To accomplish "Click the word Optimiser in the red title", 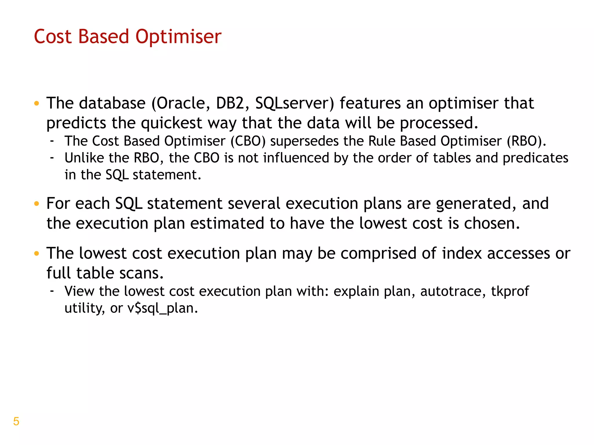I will point(178,37).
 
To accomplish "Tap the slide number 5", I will point(16,421).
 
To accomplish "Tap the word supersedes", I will point(304,141).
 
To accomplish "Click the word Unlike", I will point(84,158).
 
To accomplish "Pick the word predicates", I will point(535,158).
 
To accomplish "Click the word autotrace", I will point(453,291).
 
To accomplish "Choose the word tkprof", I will point(510,291).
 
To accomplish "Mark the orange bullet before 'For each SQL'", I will point(36,204).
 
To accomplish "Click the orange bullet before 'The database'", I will point(36,103).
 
